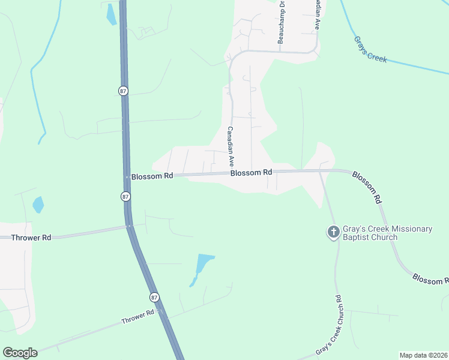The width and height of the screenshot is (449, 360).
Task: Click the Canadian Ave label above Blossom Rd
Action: coord(230,147)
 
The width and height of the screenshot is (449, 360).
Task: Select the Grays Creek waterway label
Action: coord(370,50)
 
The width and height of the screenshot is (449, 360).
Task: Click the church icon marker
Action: coord(334,232)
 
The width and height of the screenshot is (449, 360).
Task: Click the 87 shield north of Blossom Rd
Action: coord(123,91)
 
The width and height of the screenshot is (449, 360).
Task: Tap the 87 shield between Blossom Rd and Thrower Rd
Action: coord(125,196)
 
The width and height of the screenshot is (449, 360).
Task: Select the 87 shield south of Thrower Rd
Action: coord(154,298)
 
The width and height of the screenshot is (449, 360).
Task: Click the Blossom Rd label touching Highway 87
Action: coord(152,176)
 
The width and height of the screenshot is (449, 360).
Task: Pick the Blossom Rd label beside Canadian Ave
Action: coord(251,172)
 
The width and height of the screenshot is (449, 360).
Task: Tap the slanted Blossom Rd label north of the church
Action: coord(367,186)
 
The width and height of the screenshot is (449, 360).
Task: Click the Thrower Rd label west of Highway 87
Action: coord(31,238)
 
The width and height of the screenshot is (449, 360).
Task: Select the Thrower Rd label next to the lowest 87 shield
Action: coord(137,316)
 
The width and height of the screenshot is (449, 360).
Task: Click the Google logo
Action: coord(20,353)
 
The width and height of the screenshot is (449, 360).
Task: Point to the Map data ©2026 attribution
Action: coord(423,355)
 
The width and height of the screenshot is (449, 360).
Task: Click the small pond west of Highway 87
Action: coord(38,205)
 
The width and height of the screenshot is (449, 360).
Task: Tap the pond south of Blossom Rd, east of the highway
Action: coord(203,266)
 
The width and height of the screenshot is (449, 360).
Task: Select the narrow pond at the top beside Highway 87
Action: coord(111,14)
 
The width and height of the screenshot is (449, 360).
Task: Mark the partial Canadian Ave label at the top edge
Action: coord(316,15)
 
